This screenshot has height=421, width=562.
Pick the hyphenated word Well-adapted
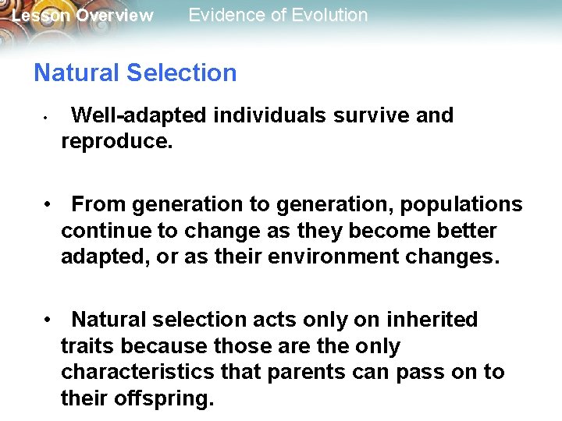click(x=139, y=116)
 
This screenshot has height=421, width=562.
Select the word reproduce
click(x=116, y=143)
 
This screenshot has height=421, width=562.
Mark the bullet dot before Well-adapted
click(x=47, y=119)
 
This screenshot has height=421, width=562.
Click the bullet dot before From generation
click(x=48, y=205)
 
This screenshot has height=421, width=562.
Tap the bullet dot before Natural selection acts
click(x=48, y=320)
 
